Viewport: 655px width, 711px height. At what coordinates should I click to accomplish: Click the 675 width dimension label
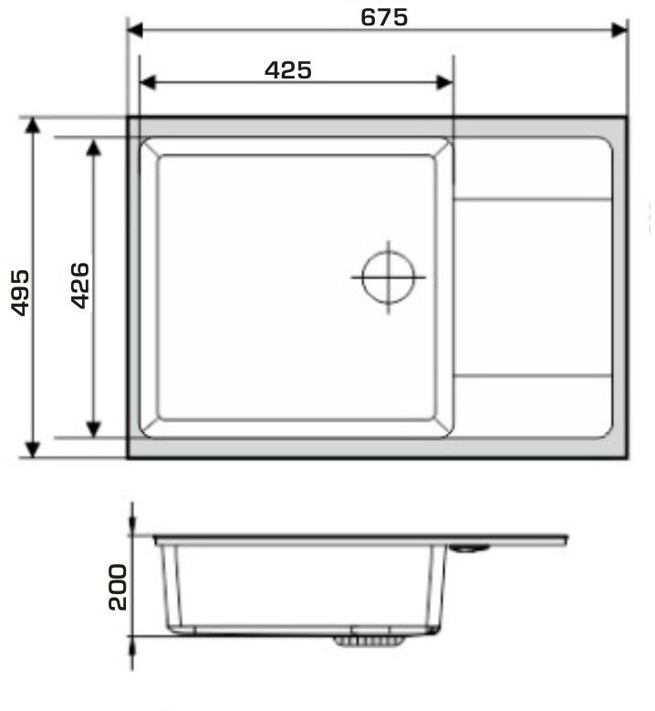(x=384, y=17)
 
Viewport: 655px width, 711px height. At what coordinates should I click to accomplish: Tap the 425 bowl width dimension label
(x=288, y=70)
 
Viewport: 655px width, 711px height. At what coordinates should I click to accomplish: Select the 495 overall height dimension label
(x=20, y=292)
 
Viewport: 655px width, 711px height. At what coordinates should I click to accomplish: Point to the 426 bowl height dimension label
(x=80, y=285)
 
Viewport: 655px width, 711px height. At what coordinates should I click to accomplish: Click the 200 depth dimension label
(x=118, y=587)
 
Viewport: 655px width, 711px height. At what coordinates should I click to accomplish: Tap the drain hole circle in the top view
(x=389, y=251)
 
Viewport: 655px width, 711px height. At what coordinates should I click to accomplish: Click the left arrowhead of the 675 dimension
(x=135, y=30)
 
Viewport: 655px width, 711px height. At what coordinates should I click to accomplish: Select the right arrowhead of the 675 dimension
(x=619, y=30)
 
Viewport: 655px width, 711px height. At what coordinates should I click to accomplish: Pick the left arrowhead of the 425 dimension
(x=148, y=82)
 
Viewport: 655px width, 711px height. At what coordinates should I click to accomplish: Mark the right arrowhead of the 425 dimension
(x=444, y=82)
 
